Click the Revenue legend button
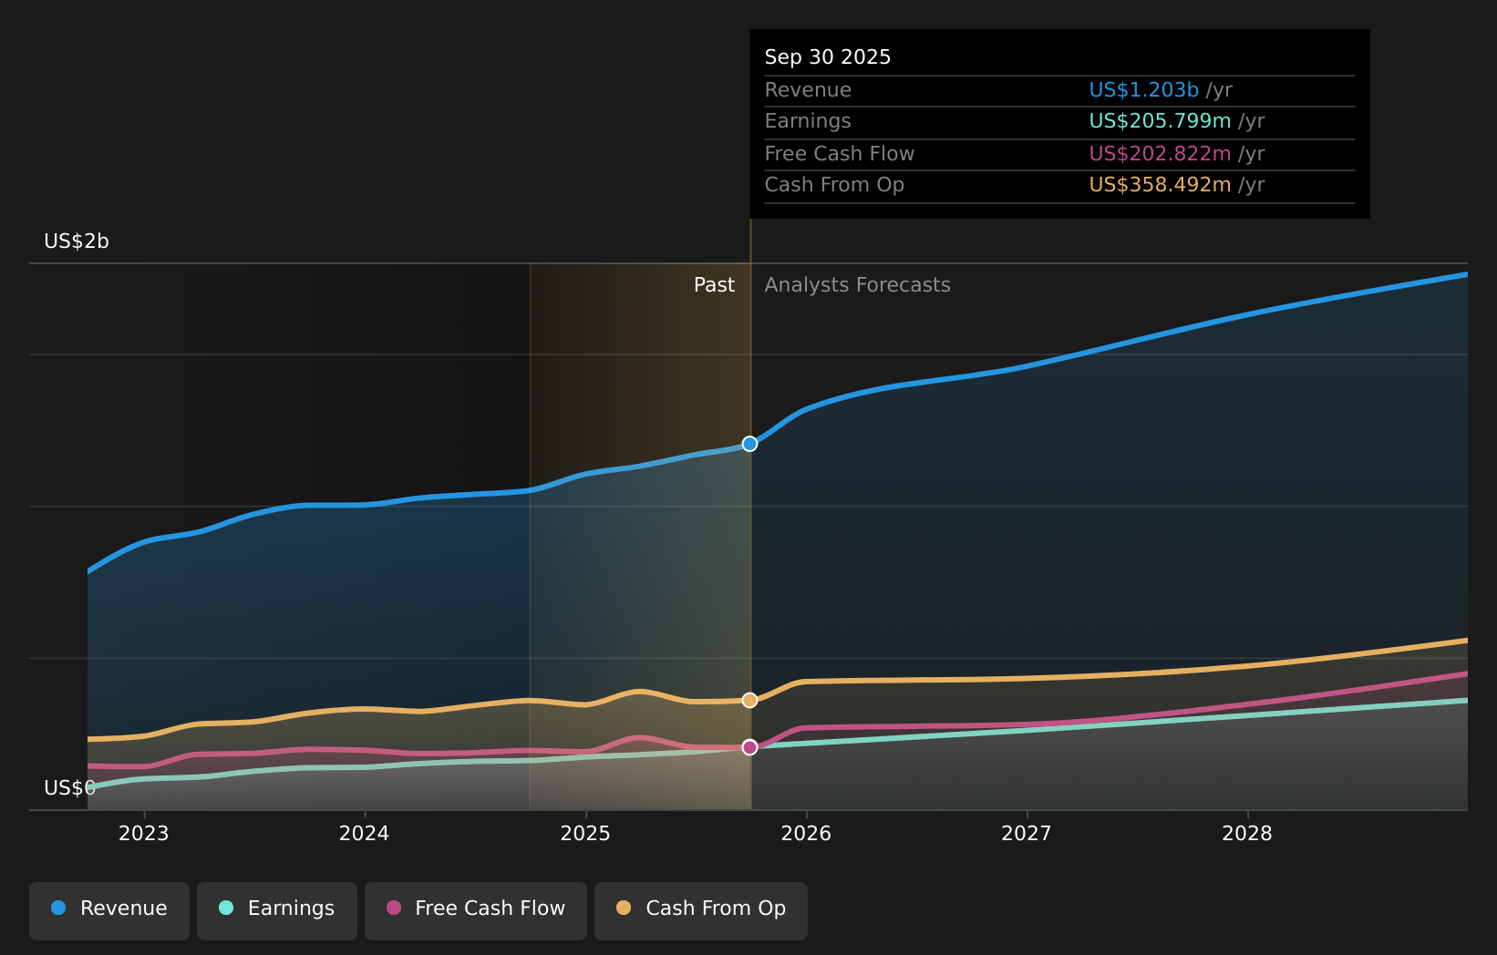coord(109,909)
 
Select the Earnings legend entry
coord(277,909)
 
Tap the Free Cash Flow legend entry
coord(476,909)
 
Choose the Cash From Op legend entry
coord(701,909)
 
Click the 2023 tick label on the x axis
coord(144,834)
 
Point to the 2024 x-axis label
coord(365,834)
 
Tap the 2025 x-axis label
coord(585,834)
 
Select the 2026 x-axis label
coord(806,834)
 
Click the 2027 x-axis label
coord(1027,834)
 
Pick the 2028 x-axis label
coord(1247,834)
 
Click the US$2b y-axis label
coord(77,241)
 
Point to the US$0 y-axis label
coord(69,788)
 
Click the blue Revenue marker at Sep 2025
coord(749,444)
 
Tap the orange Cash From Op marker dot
coord(749,700)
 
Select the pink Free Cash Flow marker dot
coord(749,747)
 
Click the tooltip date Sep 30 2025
coord(827,57)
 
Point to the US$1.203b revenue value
coord(1143,90)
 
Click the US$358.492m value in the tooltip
coord(1160,185)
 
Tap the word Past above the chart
coord(714,285)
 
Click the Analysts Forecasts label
coord(857,285)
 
